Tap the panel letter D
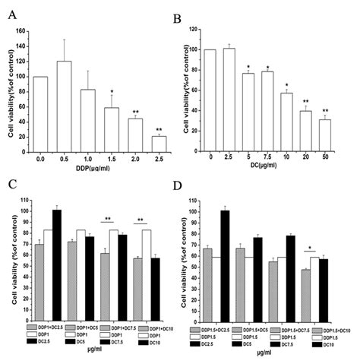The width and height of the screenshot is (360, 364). (190, 185)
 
